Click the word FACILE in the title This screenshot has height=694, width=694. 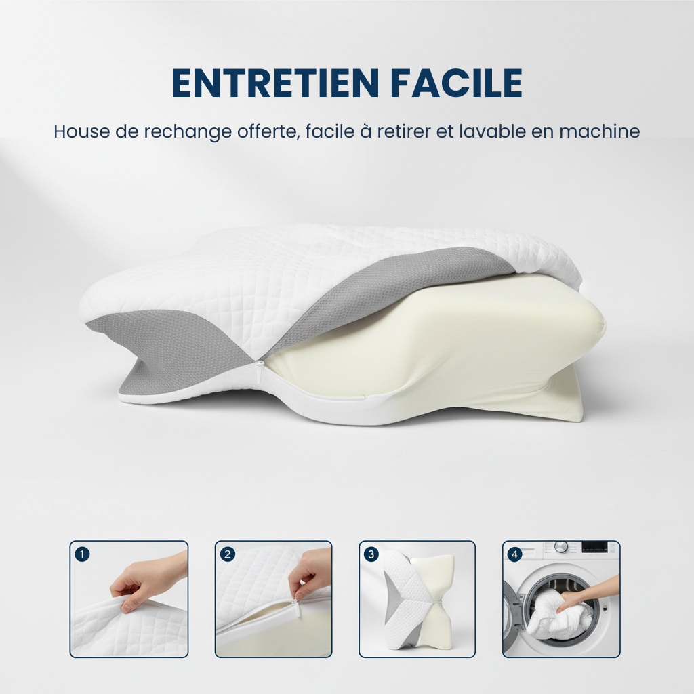(x=457, y=83)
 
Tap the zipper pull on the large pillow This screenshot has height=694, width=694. (x=260, y=367)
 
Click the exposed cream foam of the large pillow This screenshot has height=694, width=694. (x=434, y=346)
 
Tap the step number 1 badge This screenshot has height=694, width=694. (x=82, y=554)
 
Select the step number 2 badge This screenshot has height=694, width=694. (x=228, y=554)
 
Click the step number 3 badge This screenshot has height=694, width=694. (x=371, y=554)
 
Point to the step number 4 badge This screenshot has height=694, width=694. (x=515, y=554)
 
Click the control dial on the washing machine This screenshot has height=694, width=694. (x=560, y=546)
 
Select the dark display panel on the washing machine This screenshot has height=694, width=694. (x=594, y=546)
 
